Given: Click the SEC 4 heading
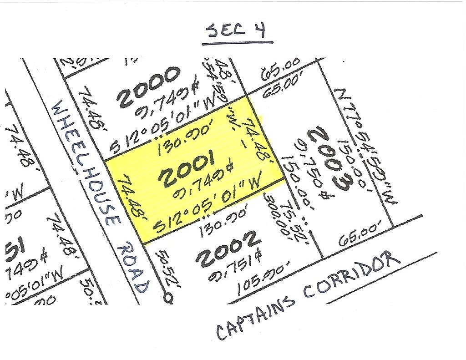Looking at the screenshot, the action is [x=237, y=31].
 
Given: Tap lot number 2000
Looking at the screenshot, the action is [x=149, y=87].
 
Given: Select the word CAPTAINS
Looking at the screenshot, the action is [x=254, y=316].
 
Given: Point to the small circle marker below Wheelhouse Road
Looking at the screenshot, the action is [x=168, y=298].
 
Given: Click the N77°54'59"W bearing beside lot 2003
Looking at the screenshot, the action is [x=367, y=146].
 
